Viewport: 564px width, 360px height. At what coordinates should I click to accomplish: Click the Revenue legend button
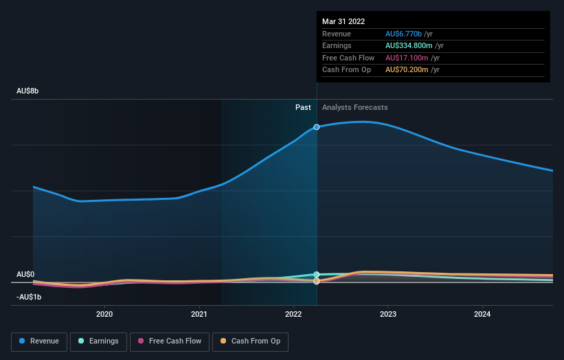tap(39, 341)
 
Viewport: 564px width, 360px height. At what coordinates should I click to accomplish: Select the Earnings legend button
tap(98, 341)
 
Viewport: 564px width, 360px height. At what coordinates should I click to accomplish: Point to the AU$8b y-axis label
tap(28, 91)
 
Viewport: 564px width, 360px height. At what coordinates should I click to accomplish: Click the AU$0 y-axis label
tap(25, 274)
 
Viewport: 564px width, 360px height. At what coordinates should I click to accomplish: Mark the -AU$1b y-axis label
tap(29, 297)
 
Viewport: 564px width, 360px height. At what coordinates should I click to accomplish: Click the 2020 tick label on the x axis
tap(104, 315)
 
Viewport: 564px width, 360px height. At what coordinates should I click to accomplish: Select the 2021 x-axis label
tap(199, 315)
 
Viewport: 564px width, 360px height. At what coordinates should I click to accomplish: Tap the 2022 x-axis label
tap(293, 315)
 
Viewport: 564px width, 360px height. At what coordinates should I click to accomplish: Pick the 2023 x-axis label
tap(388, 315)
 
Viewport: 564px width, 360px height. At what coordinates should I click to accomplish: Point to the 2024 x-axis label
tap(482, 315)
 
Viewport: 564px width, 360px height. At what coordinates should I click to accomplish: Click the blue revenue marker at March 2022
tap(317, 127)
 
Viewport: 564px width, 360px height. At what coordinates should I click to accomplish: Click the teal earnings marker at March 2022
tap(317, 274)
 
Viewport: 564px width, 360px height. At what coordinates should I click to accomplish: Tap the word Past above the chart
tap(303, 107)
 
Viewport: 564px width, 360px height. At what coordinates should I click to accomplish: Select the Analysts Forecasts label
tap(354, 107)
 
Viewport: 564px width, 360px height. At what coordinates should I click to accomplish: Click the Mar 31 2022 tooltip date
tap(343, 21)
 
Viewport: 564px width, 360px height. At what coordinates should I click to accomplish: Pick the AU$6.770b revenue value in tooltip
tap(405, 34)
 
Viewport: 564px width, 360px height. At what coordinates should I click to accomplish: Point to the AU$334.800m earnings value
tap(409, 46)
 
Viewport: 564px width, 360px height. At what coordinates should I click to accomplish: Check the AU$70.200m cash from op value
tap(407, 69)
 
